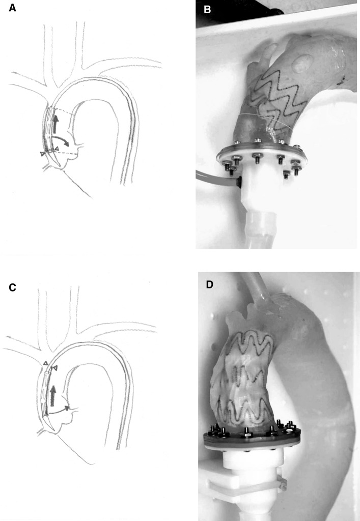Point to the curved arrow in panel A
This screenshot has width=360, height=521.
63,140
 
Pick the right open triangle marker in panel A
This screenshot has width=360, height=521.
57,148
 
